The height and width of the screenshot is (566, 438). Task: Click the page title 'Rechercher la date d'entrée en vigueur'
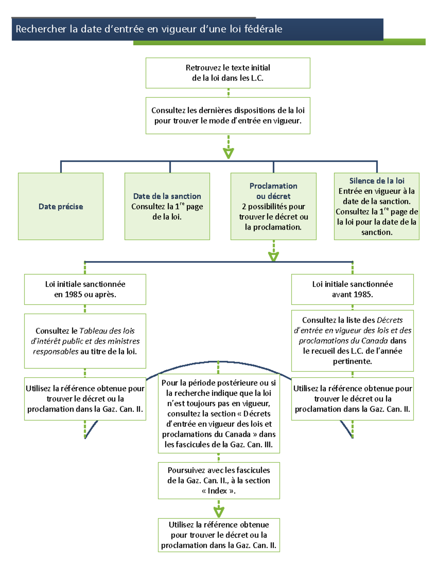[x=149, y=29]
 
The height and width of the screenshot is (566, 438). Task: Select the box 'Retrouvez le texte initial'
[x=228, y=73]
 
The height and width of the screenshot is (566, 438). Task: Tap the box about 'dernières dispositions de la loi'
[x=228, y=116]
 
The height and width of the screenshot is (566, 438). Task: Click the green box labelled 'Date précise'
[x=61, y=207]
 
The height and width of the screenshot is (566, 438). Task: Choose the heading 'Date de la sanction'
[x=167, y=196]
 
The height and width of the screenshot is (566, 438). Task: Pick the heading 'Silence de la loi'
[x=377, y=181]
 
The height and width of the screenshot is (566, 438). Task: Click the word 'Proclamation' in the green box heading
[x=273, y=186]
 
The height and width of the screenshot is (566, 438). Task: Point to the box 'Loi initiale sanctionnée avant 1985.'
[x=352, y=289]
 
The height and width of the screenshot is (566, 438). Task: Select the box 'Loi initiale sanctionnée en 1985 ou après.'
[x=85, y=289]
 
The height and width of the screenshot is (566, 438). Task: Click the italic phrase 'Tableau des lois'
[x=107, y=331]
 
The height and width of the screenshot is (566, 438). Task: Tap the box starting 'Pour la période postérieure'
[x=219, y=413]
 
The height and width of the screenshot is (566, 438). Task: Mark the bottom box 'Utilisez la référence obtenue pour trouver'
[x=219, y=535]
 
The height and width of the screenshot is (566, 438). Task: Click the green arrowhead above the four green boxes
[x=228, y=153]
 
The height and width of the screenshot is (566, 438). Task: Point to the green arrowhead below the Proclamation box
[x=273, y=257]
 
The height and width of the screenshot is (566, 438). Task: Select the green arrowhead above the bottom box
[x=219, y=512]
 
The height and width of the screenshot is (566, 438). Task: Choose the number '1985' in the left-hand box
[x=73, y=294]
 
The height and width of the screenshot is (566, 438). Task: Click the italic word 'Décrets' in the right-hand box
[x=390, y=320]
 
